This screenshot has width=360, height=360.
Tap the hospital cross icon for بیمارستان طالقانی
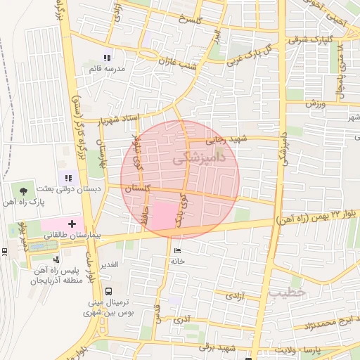pos(72,224)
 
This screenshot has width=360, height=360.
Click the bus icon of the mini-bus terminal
pos(108,291)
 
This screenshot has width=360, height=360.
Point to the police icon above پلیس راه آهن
pos(56,259)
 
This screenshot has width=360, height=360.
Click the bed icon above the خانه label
pos(176,250)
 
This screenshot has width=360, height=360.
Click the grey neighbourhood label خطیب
pos(288,291)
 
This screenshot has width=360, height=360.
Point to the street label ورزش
pos(316,103)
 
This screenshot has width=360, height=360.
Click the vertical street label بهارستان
pos(103,153)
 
